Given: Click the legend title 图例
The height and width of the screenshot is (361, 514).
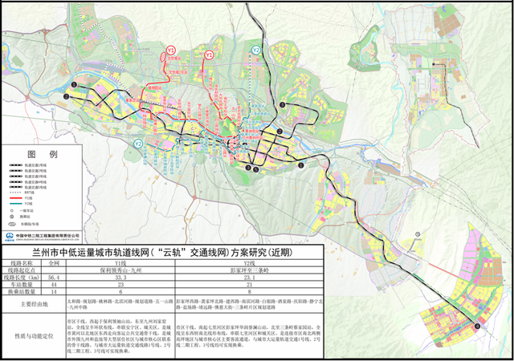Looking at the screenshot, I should [42, 153].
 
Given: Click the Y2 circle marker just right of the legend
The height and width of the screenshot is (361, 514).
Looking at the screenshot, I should [138, 144].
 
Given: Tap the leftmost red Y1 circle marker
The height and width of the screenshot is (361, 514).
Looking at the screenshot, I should [171, 51].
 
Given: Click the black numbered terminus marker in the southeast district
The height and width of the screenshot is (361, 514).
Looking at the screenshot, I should [479, 326].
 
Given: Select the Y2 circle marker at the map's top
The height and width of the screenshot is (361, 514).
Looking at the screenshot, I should [255, 50].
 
